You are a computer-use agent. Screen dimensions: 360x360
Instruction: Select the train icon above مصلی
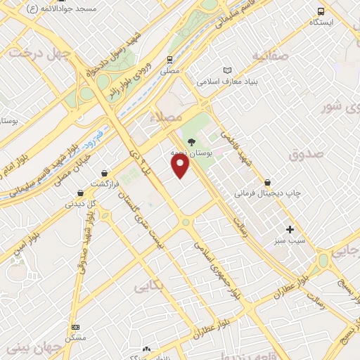[x=170, y=60]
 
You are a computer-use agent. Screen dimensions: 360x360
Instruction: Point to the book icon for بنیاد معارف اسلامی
[x=226, y=70]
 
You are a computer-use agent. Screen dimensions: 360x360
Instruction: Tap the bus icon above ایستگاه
[x=321, y=11]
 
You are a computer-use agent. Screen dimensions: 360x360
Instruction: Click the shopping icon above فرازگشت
[x=105, y=172]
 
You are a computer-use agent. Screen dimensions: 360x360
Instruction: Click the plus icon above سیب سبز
[x=290, y=229]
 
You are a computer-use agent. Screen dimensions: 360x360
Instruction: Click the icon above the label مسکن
[x=75, y=327]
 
